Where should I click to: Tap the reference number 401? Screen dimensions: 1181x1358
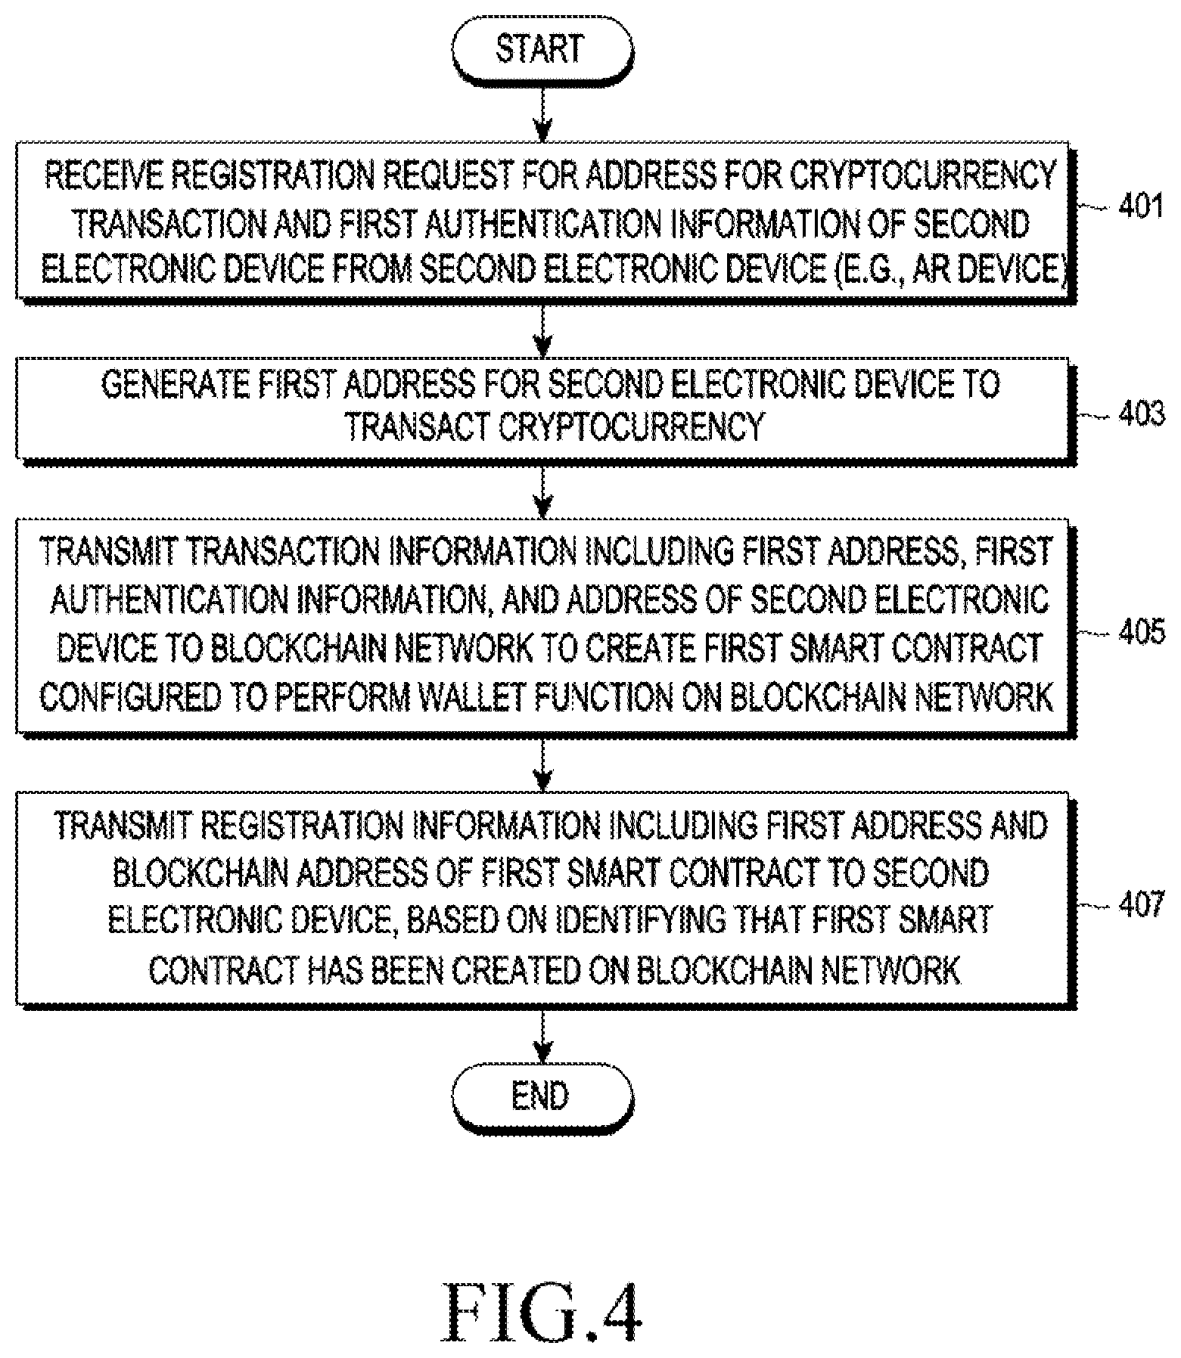pos(1140,206)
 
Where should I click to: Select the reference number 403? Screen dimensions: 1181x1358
pos(1140,414)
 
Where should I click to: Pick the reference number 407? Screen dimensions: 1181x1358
pos(1140,904)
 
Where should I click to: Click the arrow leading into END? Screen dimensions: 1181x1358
pos(542,1037)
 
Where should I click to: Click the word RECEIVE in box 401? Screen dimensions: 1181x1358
pos(101,175)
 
